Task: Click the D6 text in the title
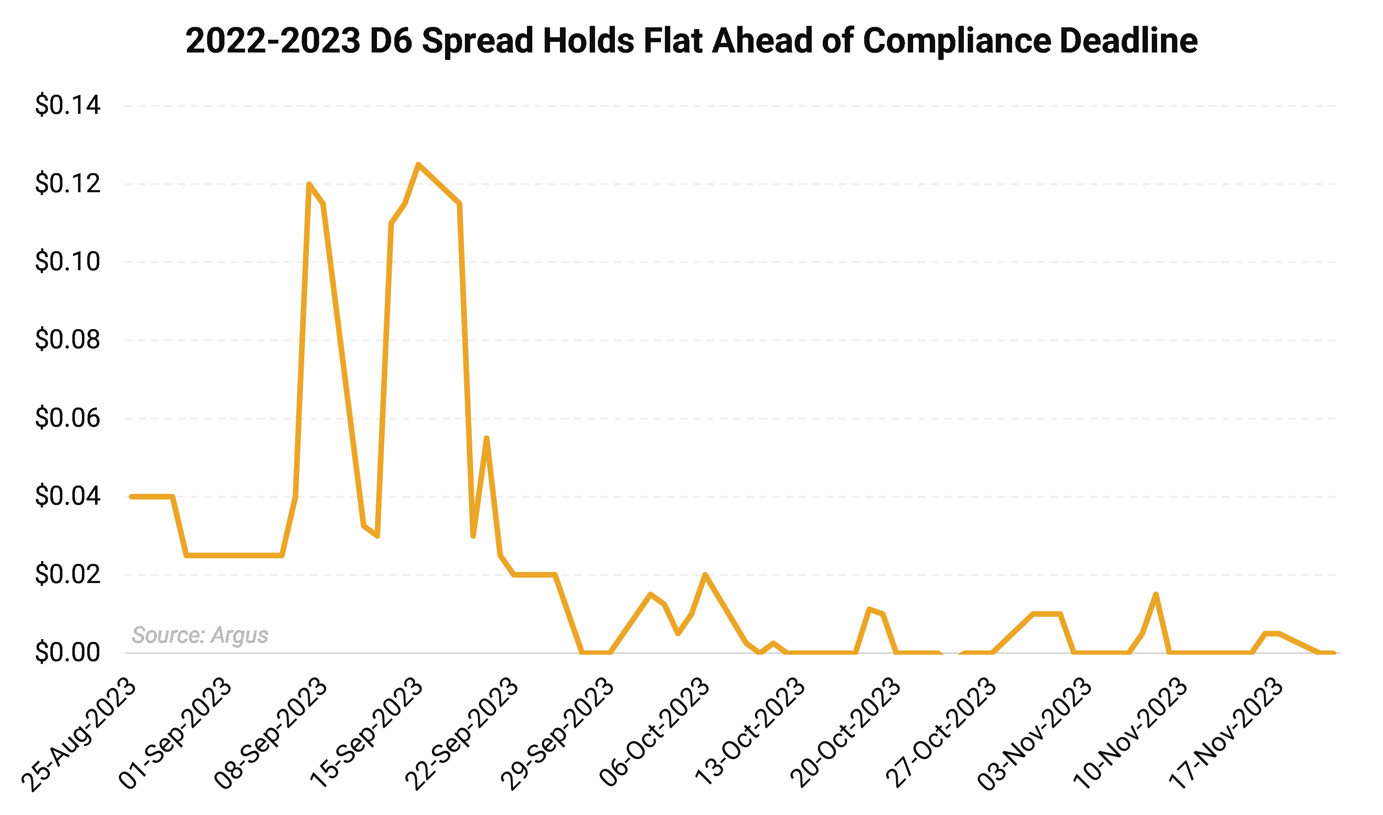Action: pos(391,41)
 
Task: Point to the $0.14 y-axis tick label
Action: pos(67,105)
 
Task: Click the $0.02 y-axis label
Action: pos(67,575)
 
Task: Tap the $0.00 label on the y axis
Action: pos(67,653)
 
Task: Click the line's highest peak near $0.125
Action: pos(418,165)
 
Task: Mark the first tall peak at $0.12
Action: pos(309,184)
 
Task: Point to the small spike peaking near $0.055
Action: pos(487,438)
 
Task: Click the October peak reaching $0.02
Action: pos(705,575)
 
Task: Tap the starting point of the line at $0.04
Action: pos(132,497)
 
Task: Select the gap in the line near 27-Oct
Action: pos(951,653)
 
